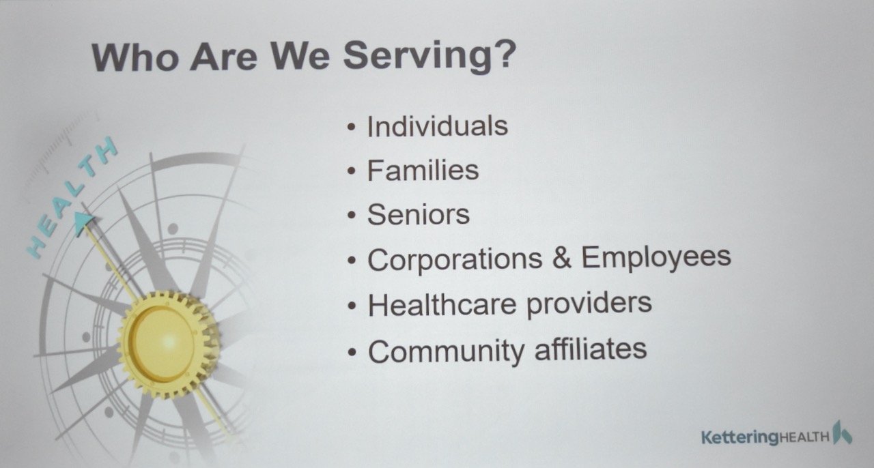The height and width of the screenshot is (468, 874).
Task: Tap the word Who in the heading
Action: click(135, 57)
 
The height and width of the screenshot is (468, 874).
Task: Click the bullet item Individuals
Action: click(438, 126)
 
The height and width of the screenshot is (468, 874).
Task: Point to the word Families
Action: click(423, 171)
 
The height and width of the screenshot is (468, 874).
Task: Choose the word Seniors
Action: click(419, 214)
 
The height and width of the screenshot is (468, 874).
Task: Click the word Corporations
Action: click(455, 259)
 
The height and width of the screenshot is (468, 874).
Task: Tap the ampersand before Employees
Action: click(562, 257)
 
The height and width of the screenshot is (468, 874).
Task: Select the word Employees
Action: click(656, 258)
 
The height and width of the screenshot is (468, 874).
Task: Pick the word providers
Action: click(589, 304)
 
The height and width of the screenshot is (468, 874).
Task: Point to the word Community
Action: click(447, 351)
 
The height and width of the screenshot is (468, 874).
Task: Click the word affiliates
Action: click(591, 349)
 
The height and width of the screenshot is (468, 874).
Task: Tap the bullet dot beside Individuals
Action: click(352, 127)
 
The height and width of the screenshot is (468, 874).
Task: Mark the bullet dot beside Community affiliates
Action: click(352, 352)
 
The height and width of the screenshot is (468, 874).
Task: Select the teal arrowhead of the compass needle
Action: click(84, 223)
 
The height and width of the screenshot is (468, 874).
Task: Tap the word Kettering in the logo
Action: click(740, 437)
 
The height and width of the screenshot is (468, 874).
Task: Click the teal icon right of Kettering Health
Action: click(842, 433)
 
